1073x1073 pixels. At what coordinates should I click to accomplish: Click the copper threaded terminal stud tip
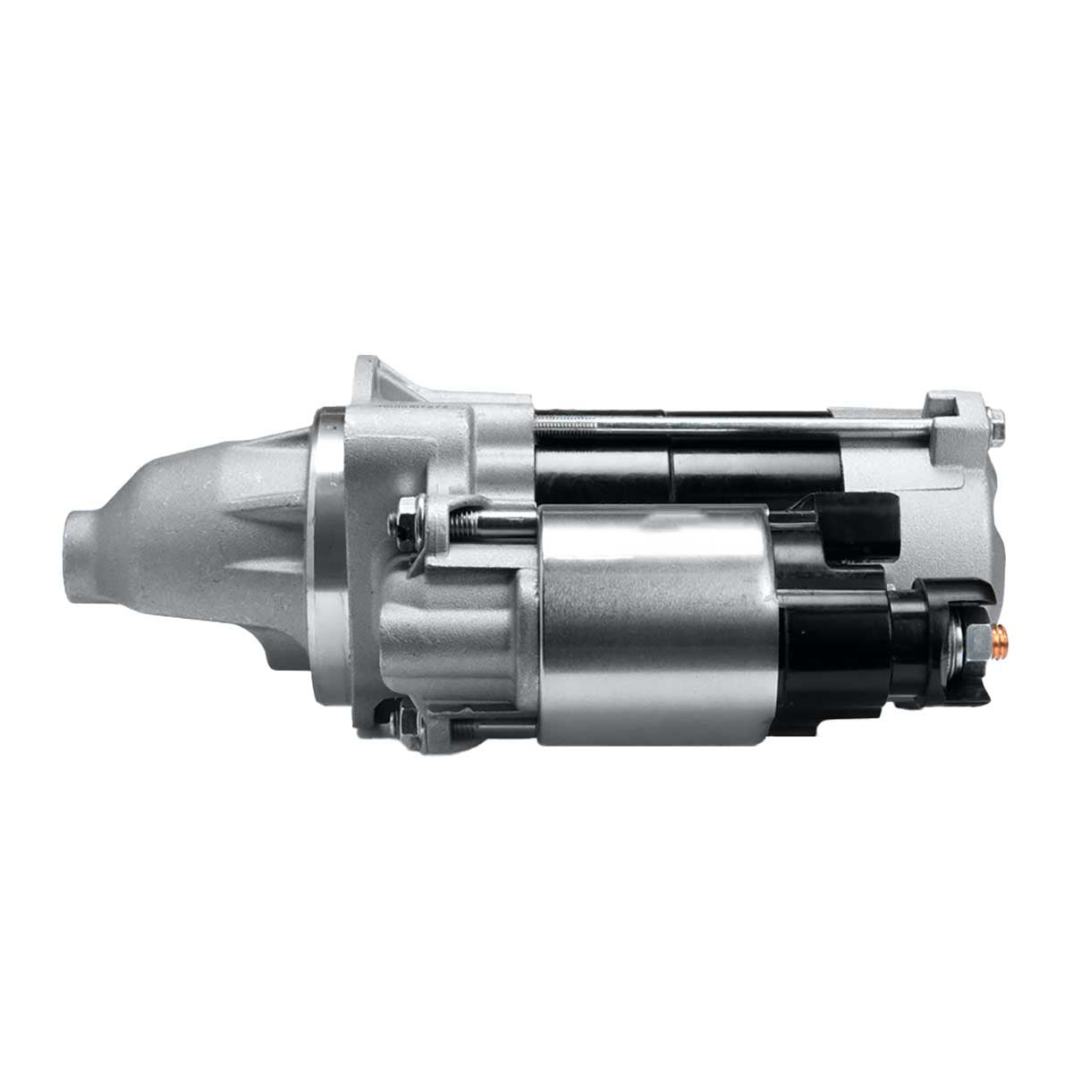coord(1002,638)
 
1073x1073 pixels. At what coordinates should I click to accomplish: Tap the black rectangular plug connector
coord(858,528)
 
